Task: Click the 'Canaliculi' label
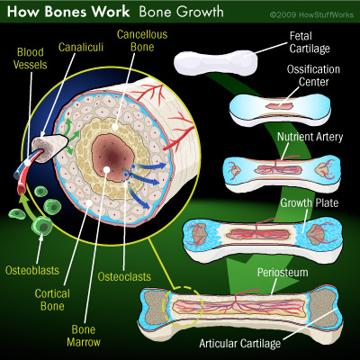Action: [x=81, y=48]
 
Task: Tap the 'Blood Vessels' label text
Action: [x=31, y=58]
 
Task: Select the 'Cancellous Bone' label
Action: [x=142, y=40]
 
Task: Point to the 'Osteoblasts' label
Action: [x=32, y=270]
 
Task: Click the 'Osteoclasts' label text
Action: [x=124, y=276]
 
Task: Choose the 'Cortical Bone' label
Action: [x=52, y=300]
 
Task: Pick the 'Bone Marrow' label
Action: [x=84, y=336]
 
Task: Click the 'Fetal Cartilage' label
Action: [x=310, y=42]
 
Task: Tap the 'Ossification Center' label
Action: [x=313, y=76]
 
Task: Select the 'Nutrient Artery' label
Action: [x=310, y=137]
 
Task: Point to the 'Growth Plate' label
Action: [x=310, y=202]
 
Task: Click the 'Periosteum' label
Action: [x=283, y=273]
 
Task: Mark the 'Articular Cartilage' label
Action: [x=240, y=343]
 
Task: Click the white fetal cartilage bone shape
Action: [x=215, y=63]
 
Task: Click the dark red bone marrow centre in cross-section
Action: [x=112, y=157]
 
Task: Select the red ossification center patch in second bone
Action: [x=279, y=106]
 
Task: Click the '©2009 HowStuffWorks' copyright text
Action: [x=312, y=14]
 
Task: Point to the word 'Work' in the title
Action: [x=111, y=12]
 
